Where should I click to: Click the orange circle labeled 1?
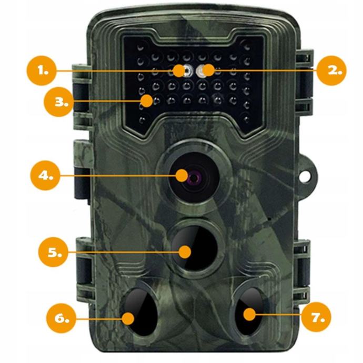point(42,70)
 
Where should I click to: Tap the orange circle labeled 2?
point(331,70)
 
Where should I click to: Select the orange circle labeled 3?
point(58,102)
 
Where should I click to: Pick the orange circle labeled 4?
point(45,176)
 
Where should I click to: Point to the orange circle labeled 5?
point(53,252)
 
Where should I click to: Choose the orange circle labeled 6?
point(61,318)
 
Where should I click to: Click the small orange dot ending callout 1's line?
point(179,70)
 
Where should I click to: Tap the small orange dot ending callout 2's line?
point(208,70)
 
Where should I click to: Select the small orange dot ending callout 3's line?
point(147,101)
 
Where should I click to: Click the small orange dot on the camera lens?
point(181,176)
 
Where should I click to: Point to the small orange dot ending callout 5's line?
point(185,252)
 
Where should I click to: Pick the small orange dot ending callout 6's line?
point(128,318)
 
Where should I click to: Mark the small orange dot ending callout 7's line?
point(249,315)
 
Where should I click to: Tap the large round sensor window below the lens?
point(195,248)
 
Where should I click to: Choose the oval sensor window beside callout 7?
point(249,311)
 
